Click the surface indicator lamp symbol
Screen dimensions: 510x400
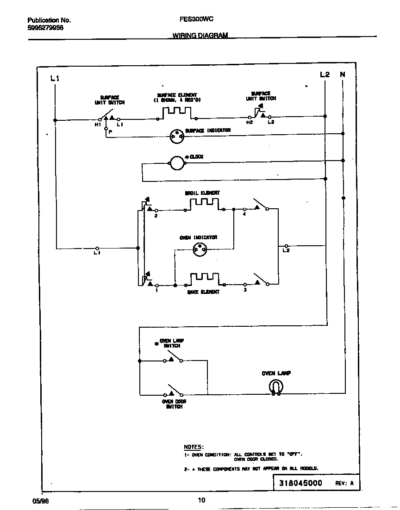pyautogui.click(x=176, y=136)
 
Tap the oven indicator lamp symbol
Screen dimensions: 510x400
pyautogui.click(x=200, y=249)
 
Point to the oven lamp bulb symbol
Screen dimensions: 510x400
pyautogui.click(x=276, y=387)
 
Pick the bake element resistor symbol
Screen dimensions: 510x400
pyautogui.click(x=204, y=279)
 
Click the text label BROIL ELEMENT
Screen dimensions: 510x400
pyautogui.click(x=202, y=193)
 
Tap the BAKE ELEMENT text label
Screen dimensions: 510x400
pyautogui.click(x=203, y=292)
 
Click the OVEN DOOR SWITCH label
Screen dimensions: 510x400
pyautogui.click(x=174, y=404)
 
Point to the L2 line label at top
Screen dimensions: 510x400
pyautogui.click(x=325, y=75)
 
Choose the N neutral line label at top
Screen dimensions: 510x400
pyautogui.click(x=343, y=75)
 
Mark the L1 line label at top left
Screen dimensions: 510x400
pyautogui.click(x=55, y=79)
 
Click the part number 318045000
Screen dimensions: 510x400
pyautogui.click(x=300, y=483)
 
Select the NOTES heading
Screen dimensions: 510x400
pyautogui.click(x=194, y=447)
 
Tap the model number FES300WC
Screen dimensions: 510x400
pyautogui.click(x=196, y=20)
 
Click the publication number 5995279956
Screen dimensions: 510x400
pyautogui.click(x=45, y=28)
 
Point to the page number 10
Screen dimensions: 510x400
pyautogui.click(x=201, y=500)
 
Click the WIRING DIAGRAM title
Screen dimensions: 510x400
pyautogui.click(x=200, y=35)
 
